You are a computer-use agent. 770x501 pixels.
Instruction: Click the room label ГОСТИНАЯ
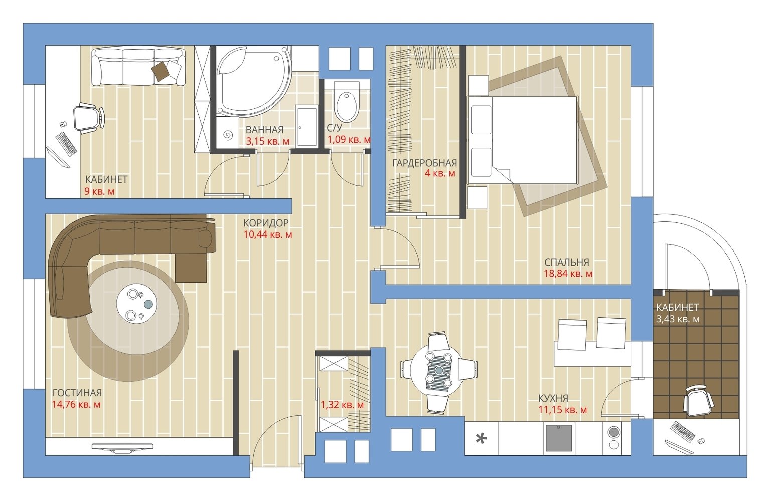(x=77, y=392)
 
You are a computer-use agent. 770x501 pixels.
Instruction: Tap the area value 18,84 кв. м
(x=568, y=274)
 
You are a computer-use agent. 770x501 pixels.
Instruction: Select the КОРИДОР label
(x=266, y=223)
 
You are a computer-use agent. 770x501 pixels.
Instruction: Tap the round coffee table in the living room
(x=136, y=304)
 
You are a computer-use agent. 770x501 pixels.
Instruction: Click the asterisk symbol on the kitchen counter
(x=481, y=438)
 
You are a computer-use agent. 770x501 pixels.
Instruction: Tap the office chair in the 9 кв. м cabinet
(x=88, y=117)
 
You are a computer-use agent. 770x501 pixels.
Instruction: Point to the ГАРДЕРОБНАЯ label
(x=424, y=163)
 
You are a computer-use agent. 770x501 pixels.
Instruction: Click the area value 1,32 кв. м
(x=342, y=405)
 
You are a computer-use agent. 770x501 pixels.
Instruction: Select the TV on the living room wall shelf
(x=122, y=447)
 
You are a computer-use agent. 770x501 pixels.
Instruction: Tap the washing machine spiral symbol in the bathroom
(x=228, y=135)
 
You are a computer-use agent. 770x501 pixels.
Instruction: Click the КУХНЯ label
(x=553, y=398)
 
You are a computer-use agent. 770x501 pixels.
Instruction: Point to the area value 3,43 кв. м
(x=678, y=319)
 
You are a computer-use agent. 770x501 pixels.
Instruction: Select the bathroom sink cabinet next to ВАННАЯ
(x=307, y=127)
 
